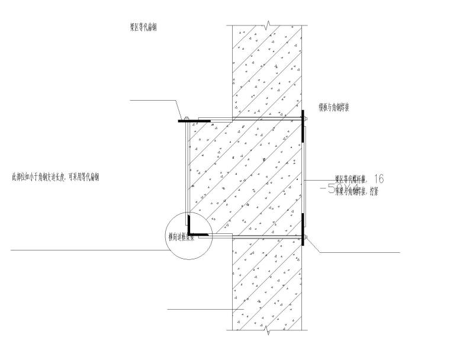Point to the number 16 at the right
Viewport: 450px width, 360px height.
[379, 178]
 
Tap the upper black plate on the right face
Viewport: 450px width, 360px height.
[303, 126]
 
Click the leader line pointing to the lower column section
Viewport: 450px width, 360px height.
[201, 310]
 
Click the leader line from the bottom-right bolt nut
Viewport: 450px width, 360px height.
[355, 253]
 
